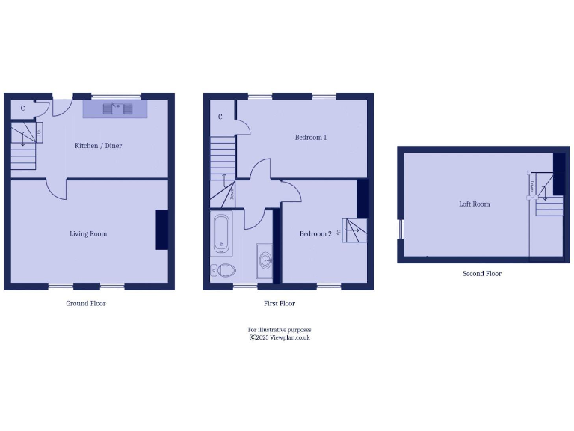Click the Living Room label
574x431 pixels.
click(x=88, y=234)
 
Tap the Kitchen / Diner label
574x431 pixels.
click(x=98, y=146)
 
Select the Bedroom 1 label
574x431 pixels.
click(x=310, y=138)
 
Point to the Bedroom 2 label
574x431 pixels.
click(x=315, y=234)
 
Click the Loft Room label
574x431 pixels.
click(x=474, y=204)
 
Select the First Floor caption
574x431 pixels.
click(x=280, y=304)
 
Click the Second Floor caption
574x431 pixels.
click(x=481, y=274)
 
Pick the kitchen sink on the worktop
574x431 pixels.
click(x=116, y=109)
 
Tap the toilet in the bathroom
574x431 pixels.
click(x=223, y=270)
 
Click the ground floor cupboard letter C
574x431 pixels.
click(x=22, y=108)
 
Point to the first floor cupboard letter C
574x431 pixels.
click(x=220, y=117)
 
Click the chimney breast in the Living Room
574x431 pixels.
click(x=161, y=230)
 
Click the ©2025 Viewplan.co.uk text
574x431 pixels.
click(x=280, y=337)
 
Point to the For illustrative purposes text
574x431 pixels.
click(x=280, y=329)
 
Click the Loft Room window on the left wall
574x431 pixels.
click(x=400, y=229)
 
